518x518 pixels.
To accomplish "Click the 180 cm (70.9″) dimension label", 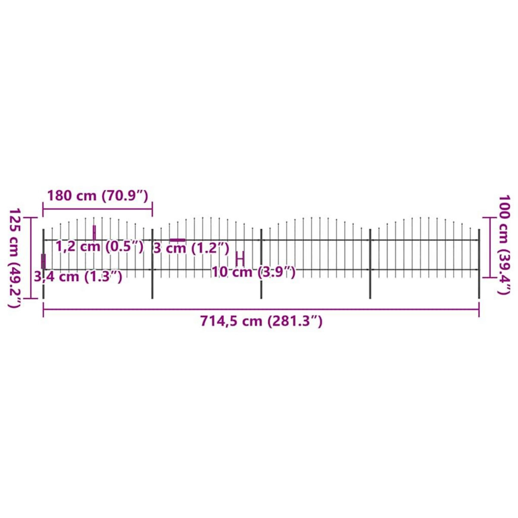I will (x=98, y=196).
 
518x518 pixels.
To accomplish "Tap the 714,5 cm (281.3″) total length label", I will (x=261, y=321).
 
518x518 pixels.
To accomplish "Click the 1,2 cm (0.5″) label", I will (x=99, y=247).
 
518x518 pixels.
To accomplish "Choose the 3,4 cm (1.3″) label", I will (x=78, y=276).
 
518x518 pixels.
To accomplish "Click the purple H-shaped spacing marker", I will (x=240, y=259).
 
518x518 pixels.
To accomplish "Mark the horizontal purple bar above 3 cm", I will (x=177, y=240).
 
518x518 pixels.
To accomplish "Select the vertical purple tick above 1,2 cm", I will (x=94, y=232).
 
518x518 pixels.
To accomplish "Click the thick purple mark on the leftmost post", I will (x=43, y=262).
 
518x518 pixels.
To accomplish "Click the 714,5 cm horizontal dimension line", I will (x=261, y=309).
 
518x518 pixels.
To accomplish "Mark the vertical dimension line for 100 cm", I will (x=489, y=247).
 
